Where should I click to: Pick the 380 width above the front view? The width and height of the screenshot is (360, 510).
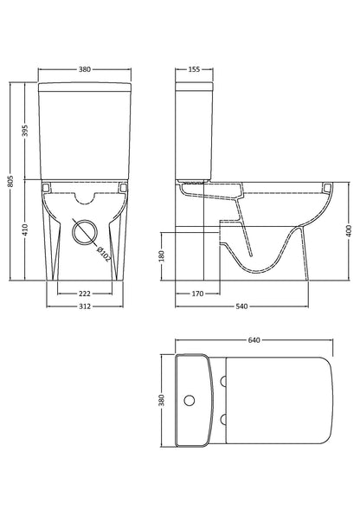[85, 68]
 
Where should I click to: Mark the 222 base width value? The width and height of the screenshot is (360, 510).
[85, 295]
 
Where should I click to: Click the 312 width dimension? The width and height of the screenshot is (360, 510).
[85, 308]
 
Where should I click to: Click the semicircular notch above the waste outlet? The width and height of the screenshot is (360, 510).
[85, 196]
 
